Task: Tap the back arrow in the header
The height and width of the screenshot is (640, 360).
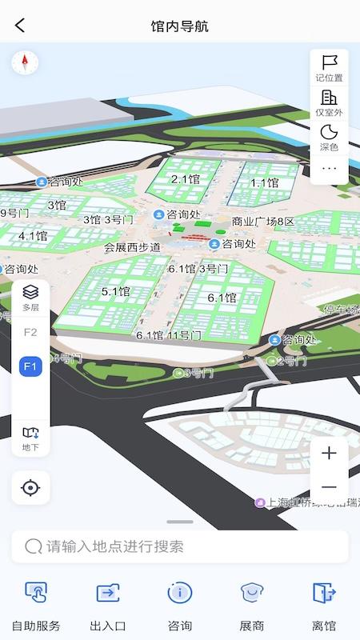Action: click(20, 26)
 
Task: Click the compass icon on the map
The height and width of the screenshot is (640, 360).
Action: click(25, 62)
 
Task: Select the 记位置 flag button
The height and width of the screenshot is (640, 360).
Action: click(329, 67)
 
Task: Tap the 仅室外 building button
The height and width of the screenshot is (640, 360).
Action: click(329, 102)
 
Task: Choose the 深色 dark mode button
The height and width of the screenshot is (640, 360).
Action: click(329, 137)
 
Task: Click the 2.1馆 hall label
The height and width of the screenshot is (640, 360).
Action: click(185, 179)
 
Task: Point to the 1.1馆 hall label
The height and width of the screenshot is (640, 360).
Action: click(264, 182)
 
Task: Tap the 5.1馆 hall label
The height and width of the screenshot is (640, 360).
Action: click(115, 292)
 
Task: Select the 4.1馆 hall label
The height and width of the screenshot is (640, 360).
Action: click(33, 236)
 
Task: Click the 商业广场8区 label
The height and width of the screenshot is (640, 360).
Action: click(263, 222)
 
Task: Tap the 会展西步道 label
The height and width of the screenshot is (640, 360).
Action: click(132, 247)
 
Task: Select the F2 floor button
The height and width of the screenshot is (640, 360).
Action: click(30, 332)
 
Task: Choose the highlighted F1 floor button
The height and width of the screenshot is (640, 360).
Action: click(30, 366)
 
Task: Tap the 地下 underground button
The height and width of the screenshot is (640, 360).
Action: click(30, 438)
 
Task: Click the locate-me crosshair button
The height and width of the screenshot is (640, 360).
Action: click(30, 487)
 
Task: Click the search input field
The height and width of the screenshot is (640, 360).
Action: click(180, 547)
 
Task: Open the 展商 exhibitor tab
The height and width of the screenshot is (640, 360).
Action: click(253, 605)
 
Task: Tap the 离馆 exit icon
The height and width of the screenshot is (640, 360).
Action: click(324, 605)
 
